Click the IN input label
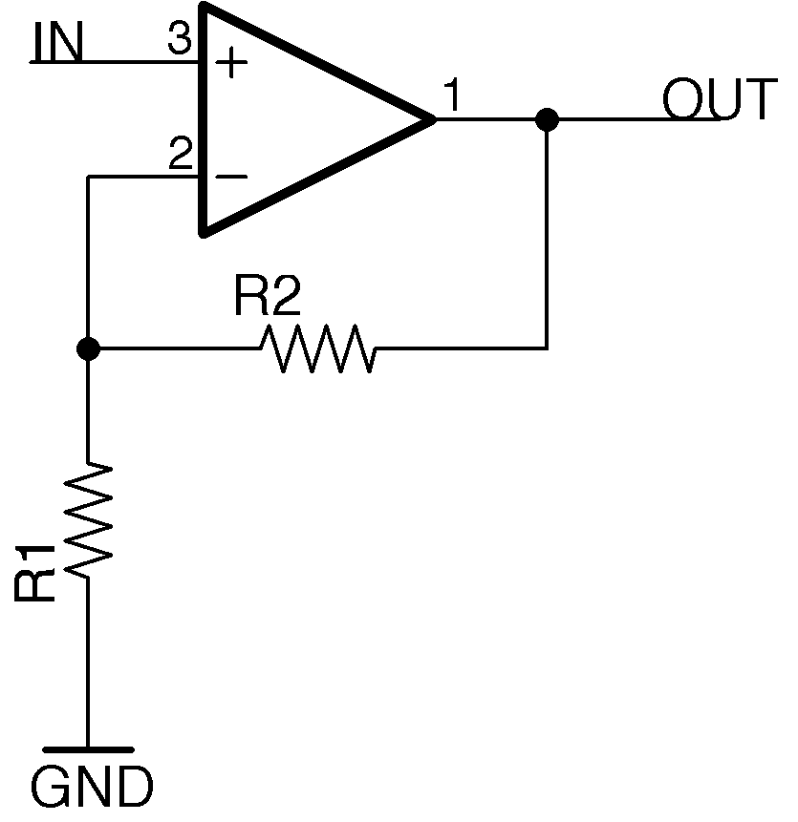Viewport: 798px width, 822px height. tap(58, 43)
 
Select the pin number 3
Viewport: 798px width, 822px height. tap(179, 41)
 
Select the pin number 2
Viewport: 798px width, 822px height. tap(179, 155)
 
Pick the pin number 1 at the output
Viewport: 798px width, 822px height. tap(453, 97)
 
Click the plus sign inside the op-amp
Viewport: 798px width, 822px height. tap(230, 64)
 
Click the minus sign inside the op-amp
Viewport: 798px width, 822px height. tap(230, 177)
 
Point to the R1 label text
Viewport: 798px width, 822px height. tap(35, 574)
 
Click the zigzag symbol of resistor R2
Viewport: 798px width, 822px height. tap(316, 348)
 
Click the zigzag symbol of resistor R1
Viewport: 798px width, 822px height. tap(88, 519)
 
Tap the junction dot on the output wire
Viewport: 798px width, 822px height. tap(547, 119)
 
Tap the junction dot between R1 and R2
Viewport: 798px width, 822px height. tap(88, 348)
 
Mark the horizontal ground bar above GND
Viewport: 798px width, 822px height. tap(88, 749)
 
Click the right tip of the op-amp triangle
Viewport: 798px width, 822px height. tap(434, 119)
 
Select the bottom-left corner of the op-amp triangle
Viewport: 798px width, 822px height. tap(202, 232)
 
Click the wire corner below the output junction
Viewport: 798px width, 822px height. tap(547, 348)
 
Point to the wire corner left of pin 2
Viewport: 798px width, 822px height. tap(88, 177)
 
